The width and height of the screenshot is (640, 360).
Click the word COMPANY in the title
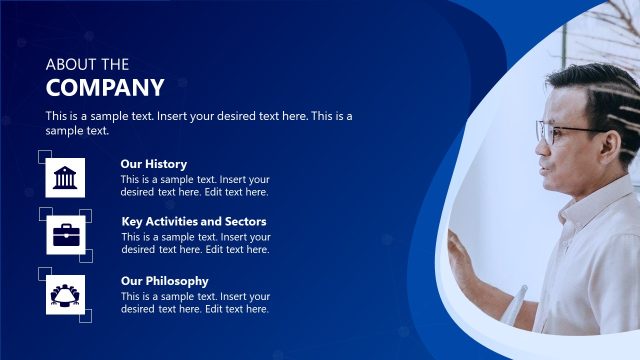[x=105, y=87]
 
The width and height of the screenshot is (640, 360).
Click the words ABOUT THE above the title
[x=87, y=64]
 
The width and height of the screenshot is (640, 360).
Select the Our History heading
[x=153, y=164]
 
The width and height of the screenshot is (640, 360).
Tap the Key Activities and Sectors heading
[x=194, y=222]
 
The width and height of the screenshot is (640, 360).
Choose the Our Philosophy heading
[x=164, y=281]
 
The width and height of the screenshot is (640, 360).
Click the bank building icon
[x=66, y=178]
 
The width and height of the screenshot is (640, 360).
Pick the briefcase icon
[x=66, y=236]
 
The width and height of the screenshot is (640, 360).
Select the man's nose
[x=540, y=145]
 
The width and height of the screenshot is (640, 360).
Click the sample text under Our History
[x=195, y=186]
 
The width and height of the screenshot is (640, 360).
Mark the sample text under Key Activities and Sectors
[x=196, y=244]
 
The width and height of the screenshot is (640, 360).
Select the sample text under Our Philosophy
[x=196, y=303]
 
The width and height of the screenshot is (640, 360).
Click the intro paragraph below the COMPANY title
[x=198, y=123]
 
